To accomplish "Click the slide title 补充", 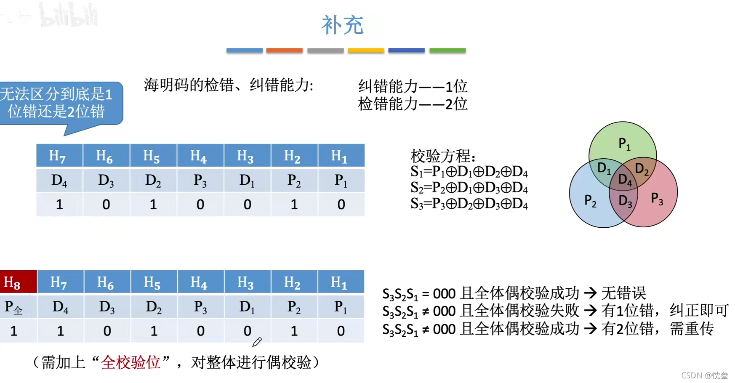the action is point(342,25).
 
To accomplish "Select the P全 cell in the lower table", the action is point(14,308).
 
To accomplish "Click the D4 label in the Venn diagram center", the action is point(625,180).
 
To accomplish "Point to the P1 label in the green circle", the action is point(624,144).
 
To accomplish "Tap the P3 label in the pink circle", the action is point(657,198).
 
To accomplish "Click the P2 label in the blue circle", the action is point(590,201).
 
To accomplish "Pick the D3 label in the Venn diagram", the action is point(625,202).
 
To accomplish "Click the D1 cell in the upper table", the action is point(247,181).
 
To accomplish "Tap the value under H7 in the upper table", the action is point(59,205).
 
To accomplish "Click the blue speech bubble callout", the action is point(59,104).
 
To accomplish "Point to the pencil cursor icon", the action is point(257,342).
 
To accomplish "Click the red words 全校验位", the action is point(131,362).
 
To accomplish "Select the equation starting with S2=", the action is point(469,188).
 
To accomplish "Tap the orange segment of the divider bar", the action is point(284,51).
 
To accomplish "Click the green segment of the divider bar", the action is point(447,51).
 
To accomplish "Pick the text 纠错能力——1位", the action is point(413,86).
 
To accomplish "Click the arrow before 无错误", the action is point(590,293).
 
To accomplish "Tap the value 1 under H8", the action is point(14,331).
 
